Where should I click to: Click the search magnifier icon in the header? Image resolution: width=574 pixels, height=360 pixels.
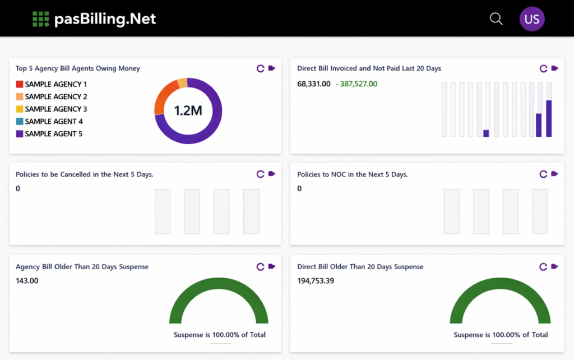coord(496,19)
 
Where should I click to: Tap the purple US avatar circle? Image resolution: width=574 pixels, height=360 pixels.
coord(532,19)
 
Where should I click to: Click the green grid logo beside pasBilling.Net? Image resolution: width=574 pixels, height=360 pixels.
coord(40,19)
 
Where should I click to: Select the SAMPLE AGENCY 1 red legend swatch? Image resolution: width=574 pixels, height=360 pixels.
coord(20,84)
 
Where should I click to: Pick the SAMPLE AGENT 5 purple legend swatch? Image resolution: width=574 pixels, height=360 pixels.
coord(20,133)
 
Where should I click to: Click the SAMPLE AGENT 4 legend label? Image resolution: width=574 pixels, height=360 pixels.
coord(54,121)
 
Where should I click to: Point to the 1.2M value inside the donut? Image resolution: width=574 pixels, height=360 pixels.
coord(188,110)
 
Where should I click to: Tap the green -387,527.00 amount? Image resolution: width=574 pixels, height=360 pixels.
coord(357,84)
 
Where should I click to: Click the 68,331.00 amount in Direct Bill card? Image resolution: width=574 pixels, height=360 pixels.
coord(314,84)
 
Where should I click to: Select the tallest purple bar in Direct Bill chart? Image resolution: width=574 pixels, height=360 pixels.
coord(549,119)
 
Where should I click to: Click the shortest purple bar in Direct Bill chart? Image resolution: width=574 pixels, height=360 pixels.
coord(486,133)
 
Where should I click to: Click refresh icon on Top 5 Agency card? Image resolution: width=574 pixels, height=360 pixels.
coord(260,68)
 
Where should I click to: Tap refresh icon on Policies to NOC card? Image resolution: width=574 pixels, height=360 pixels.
coord(543,174)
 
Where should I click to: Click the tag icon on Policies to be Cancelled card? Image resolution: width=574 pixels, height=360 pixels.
coord(272,174)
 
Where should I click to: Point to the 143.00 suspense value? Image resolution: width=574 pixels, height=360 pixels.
coord(27,281)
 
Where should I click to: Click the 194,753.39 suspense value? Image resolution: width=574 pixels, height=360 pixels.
coord(316,281)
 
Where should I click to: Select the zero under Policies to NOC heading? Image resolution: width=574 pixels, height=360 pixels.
coord(299,188)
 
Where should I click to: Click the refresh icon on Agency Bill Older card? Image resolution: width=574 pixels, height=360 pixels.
coord(260,266)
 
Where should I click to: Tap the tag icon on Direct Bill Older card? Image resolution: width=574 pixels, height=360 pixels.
coord(554,266)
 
